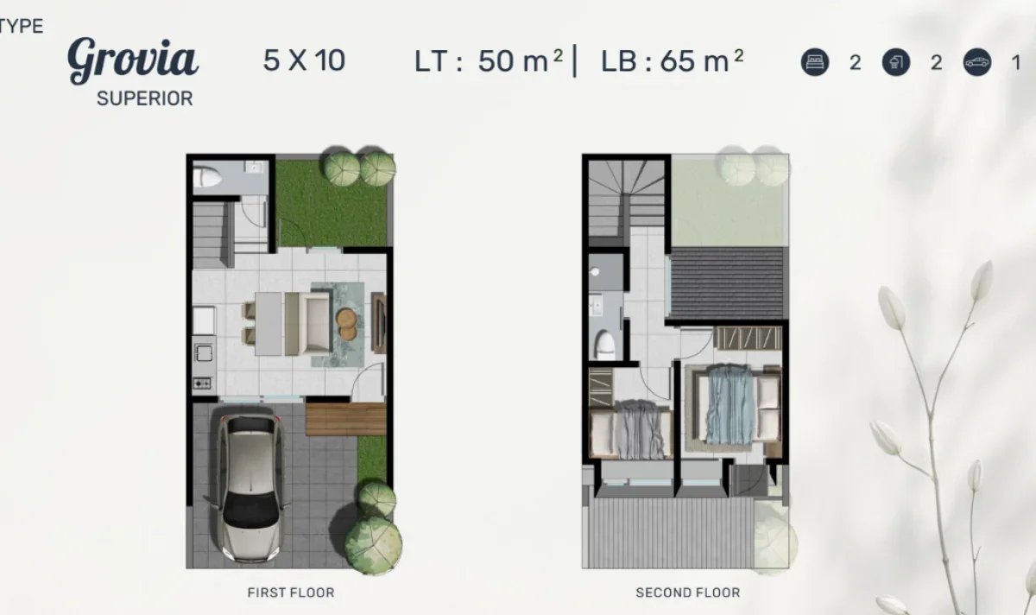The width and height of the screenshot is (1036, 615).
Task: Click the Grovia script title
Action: coord(133,60)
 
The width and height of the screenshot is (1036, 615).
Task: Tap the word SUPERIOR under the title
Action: coord(144,98)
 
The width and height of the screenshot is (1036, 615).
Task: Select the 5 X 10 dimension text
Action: coord(304,60)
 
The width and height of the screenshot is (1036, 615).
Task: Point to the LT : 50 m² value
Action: coord(489,61)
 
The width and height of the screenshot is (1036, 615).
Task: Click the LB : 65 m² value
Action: coord(672,61)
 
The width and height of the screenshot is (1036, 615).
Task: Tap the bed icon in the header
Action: coord(815,62)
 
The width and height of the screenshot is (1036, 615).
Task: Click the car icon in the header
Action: coord(977,62)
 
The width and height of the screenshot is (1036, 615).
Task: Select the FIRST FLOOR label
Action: coord(290,593)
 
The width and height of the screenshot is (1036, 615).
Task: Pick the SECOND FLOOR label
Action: coord(687,593)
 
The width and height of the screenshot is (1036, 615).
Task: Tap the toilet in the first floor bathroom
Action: coord(207,177)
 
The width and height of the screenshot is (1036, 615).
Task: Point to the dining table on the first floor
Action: coord(268,323)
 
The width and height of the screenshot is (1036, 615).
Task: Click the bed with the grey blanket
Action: coord(632,428)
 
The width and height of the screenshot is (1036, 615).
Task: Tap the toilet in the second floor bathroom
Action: coord(605,345)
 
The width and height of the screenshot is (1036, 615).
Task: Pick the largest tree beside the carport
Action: coord(373,544)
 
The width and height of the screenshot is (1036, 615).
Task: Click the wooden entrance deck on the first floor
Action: coord(345,419)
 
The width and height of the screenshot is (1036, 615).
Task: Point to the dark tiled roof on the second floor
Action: coord(727,283)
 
